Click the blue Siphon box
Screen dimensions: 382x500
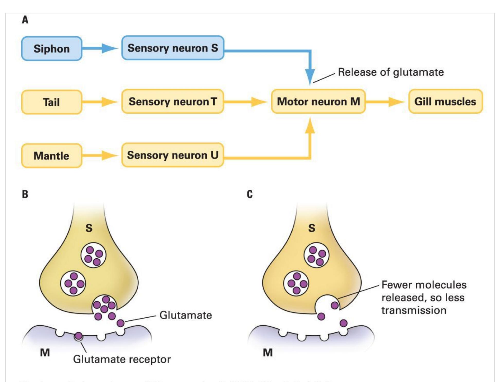(x=52, y=49)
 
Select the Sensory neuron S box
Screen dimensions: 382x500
(x=173, y=48)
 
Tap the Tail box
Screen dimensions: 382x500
(x=52, y=102)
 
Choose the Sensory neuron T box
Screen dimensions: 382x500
(x=173, y=101)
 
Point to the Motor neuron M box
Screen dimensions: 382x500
(x=318, y=101)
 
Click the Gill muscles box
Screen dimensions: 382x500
(x=445, y=101)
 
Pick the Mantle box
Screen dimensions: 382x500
(x=52, y=156)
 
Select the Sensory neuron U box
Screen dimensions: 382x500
(x=173, y=155)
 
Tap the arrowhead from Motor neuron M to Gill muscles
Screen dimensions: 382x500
(x=396, y=102)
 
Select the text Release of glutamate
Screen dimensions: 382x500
(x=391, y=72)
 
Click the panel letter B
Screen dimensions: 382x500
(x=25, y=194)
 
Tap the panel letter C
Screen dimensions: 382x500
(x=250, y=194)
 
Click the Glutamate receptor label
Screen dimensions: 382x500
(x=122, y=359)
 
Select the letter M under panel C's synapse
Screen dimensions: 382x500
(x=268, y=352)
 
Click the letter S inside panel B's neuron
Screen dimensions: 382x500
(x=89, y=228)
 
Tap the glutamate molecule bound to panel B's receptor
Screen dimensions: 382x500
(x=78, y=336)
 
